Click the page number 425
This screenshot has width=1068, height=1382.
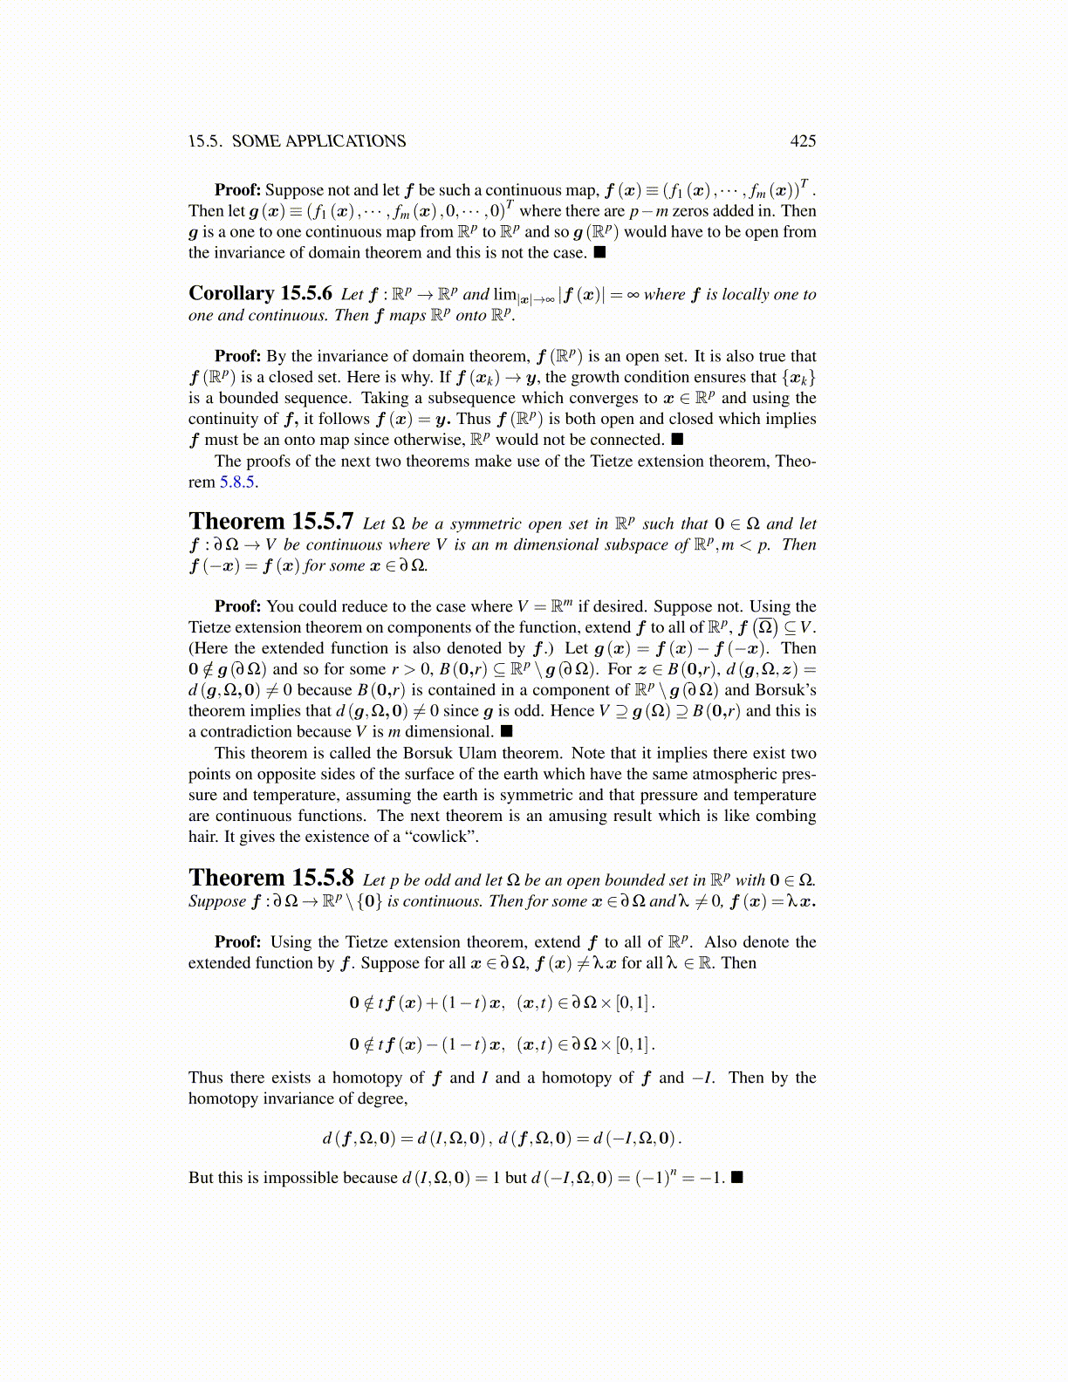coord(803,141)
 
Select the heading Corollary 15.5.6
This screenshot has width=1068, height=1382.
coord(260,294)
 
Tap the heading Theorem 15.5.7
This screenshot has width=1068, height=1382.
coord(270,522)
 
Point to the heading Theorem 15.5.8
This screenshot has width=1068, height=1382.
coord(270,878)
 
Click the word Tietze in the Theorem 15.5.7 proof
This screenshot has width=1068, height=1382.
coord(213,627)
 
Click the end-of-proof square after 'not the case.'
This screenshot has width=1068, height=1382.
coord(599,253)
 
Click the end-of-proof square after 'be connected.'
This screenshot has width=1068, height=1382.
coord(677,440)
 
